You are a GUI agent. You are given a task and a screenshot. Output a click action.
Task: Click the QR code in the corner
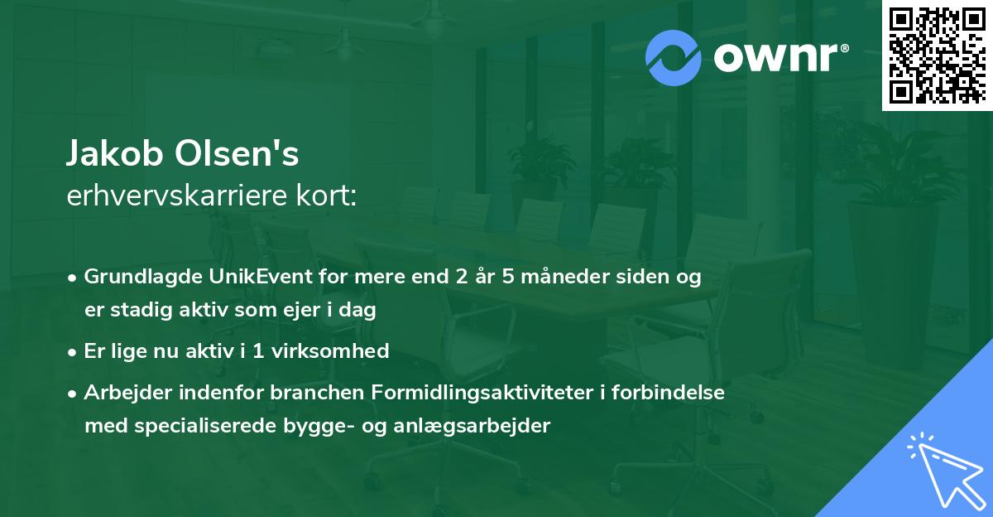pyautogui.click(x=936, y=55)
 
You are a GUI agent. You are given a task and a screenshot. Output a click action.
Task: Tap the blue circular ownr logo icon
pyautogui.click(x=674, y=58)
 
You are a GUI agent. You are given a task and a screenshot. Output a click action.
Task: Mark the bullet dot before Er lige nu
pyautogui.click(x=74, y=350)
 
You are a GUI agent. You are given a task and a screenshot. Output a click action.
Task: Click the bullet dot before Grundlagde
pyautogui.click(x=74, y=277)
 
